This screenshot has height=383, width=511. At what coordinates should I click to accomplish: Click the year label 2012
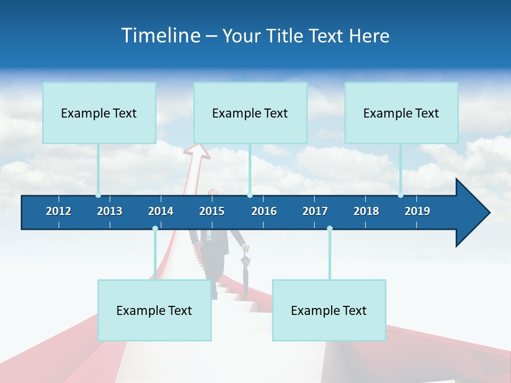tap(59, 211)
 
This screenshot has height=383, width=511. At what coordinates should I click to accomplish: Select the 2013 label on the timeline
tap(110, 211)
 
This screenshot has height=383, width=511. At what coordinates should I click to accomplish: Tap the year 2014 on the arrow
tap(161, 211)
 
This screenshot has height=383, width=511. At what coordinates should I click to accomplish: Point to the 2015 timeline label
tap(212, 211)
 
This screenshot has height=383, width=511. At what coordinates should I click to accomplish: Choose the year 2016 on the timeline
tap(264, 211)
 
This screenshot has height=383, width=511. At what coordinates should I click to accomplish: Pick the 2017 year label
tap(315, 211)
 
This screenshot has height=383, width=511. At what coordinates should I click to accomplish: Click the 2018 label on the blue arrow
tap(366, 211)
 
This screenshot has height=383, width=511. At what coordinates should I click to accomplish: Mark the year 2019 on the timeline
tap(417, 211)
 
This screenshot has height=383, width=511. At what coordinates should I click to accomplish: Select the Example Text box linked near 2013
tap(99, 113)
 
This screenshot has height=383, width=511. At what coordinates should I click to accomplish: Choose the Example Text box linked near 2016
tap(250, 113)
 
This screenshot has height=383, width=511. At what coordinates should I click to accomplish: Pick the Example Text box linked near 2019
tap(401, 113)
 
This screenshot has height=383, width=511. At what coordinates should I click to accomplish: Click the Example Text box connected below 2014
tap(154, 310)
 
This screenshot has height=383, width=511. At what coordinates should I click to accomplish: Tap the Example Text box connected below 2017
tap(329, 310)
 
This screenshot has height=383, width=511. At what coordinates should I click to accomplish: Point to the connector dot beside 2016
tap(250, 195)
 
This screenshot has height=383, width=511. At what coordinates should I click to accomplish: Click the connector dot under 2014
tap(155, 228)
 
